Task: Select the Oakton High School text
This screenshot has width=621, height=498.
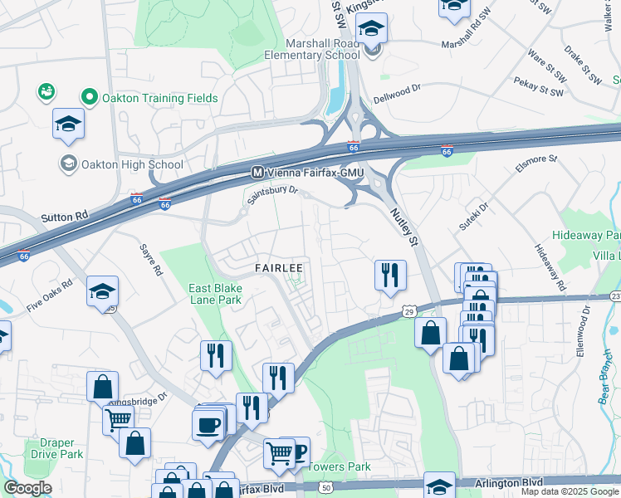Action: click(132, 164)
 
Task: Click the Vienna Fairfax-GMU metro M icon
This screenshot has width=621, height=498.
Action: click(257, 173)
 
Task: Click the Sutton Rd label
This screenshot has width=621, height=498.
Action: click(64, 217)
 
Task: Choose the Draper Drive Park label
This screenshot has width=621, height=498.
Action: click(57, 448)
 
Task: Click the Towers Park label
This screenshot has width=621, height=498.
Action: click(340, 466)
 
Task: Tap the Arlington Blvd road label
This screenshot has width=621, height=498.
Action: click(508, 482)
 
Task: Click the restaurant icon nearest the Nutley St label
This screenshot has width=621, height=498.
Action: click(390, 274)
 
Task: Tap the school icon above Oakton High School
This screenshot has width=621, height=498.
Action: click(68, 124)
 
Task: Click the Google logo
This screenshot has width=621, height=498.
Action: click(27, 488)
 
